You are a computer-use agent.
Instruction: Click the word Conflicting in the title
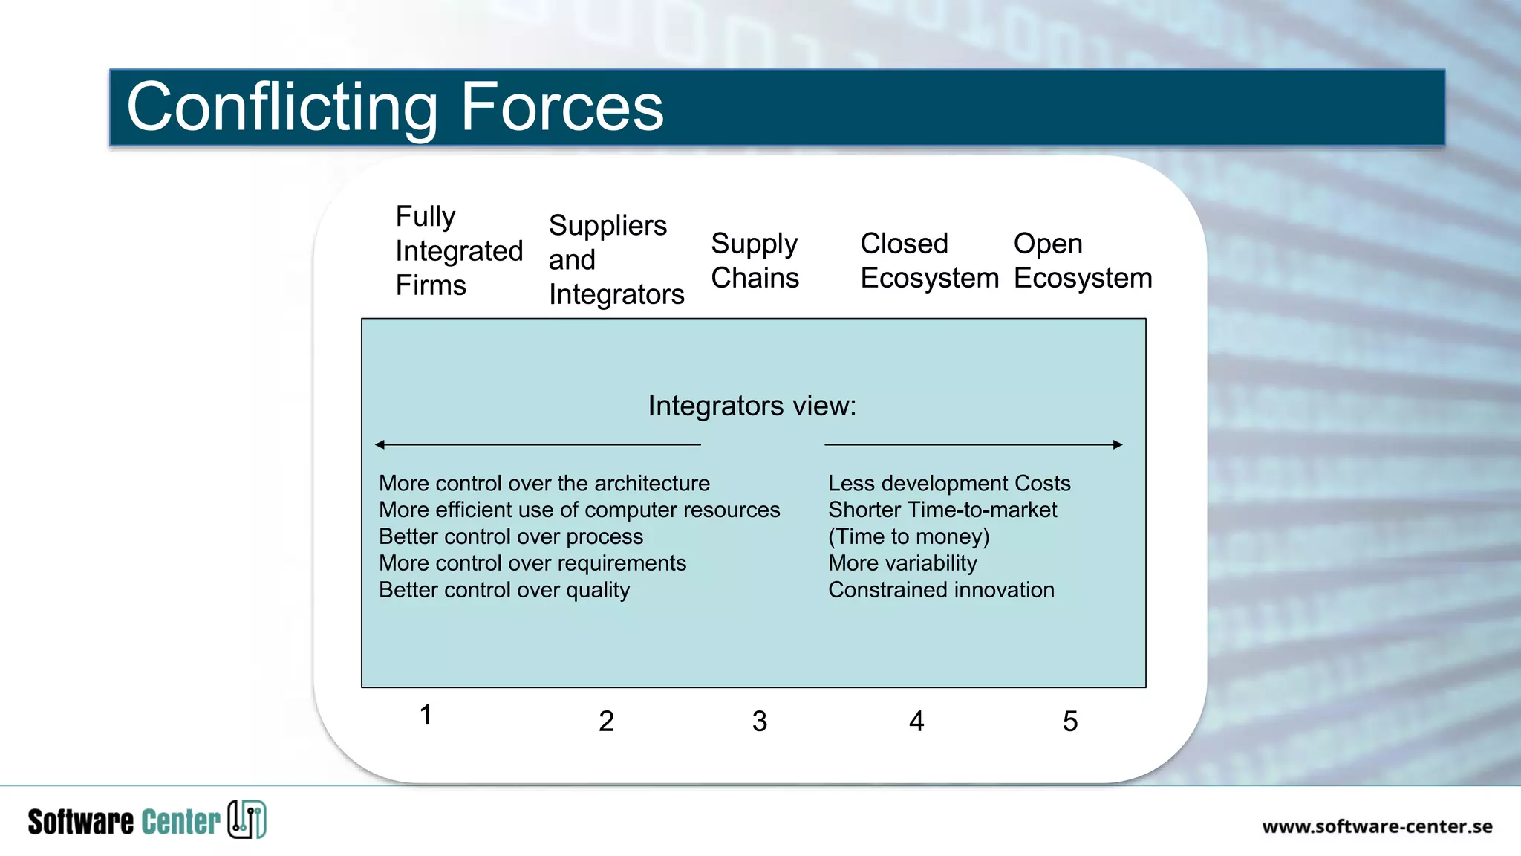pos(282,108)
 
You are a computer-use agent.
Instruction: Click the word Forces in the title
pos(561,108)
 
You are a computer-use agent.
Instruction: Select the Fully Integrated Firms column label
pos(458,251)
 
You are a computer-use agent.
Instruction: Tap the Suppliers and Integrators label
pos(616,260)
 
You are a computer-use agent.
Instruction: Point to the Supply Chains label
pos(755,261)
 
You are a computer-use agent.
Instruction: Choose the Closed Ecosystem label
pos(928,261)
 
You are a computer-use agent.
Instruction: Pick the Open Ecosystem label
pos(1082,261)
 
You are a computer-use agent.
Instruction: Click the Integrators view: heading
pos(752,406)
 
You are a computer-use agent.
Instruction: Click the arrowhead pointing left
pos(380,444)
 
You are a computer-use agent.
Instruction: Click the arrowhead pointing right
pos(1118,444)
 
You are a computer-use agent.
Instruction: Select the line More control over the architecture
pos(544,484)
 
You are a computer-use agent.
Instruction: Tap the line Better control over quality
pos(504,590)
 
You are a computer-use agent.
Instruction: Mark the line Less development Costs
pos(948,484)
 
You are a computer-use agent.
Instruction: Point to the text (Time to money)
pos(908,536)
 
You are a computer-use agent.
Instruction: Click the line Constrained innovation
pos(940,590)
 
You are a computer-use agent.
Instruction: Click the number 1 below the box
pos(426,715)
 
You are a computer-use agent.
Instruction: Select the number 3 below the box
pos(759,722)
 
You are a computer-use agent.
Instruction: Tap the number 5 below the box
pos(1069,722)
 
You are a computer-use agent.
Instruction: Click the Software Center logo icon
pos(247,820)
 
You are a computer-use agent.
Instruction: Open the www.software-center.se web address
pos(1376,826)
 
